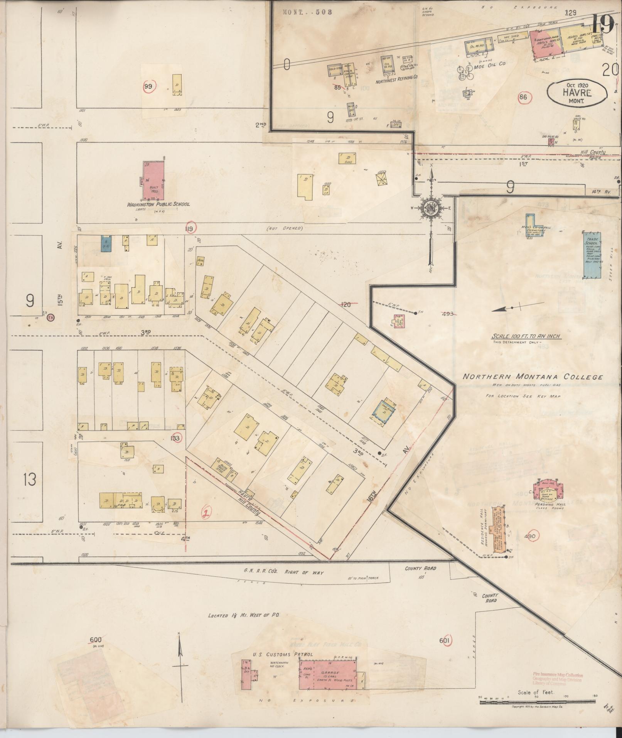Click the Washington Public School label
[158, 204]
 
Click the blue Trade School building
[592, 254]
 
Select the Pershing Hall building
[548, 490]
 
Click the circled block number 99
[148, 86]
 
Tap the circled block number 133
[176, 438]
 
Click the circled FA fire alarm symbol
[50, 318]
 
